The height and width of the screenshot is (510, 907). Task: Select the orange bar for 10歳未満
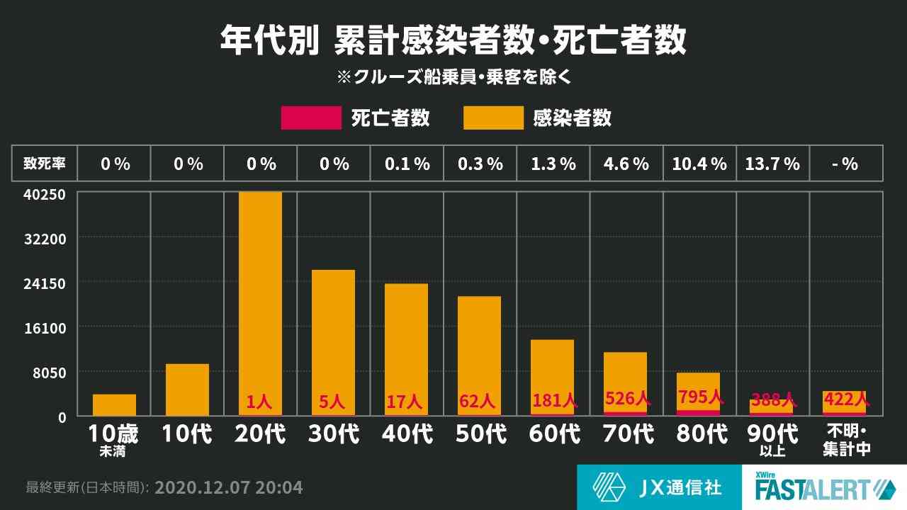114,404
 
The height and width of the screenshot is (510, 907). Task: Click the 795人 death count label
700,397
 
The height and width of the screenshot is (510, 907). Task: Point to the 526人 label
627,399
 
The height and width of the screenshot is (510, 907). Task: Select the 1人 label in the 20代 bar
259,402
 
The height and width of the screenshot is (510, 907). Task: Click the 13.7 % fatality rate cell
772,164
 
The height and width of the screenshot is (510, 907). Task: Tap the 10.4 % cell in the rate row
699,164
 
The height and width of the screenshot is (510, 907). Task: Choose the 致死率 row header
45,164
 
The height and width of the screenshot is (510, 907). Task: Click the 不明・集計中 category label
845,440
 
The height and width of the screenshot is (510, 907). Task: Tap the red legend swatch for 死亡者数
311,118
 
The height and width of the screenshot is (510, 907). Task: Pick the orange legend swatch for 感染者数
493,118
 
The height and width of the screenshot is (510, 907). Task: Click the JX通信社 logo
658,487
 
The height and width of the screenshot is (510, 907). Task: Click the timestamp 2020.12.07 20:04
228,487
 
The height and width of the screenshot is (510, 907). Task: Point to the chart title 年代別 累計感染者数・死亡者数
453,40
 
